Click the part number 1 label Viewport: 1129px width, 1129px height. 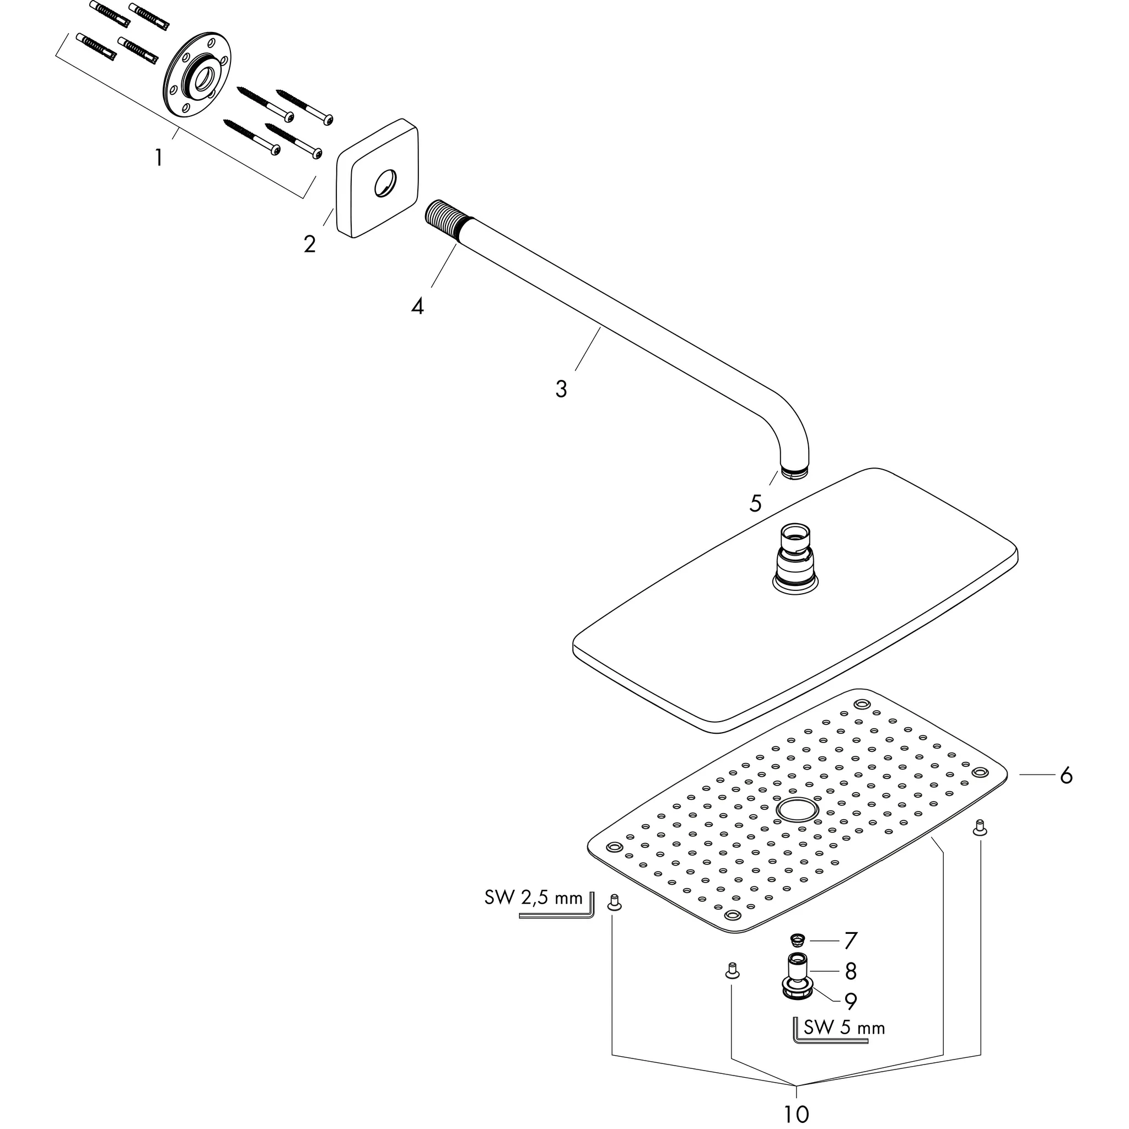pos(158,157)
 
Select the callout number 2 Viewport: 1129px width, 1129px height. pos(310,244)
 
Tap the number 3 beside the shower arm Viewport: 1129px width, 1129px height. pos(561,389)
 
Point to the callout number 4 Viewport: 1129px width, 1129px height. pos(417,305)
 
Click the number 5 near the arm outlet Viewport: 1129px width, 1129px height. pos(756,504)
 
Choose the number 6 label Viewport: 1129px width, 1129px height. pos(1067,776)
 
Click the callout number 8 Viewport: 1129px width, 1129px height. pos(851,971)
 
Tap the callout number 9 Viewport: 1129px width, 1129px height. pos(851,1001)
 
